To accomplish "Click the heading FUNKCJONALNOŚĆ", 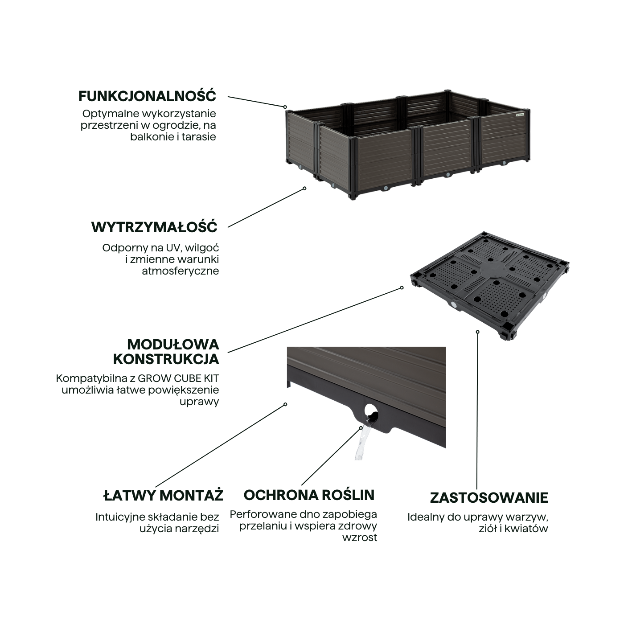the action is click(147, 96).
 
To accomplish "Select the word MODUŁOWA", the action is click(173, 344).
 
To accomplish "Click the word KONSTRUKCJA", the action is click(166, 359).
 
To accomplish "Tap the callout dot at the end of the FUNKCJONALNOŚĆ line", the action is click(285, 107).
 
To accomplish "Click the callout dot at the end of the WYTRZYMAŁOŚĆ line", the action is click(305, 188).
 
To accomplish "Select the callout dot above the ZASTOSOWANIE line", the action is click(478, 332).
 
